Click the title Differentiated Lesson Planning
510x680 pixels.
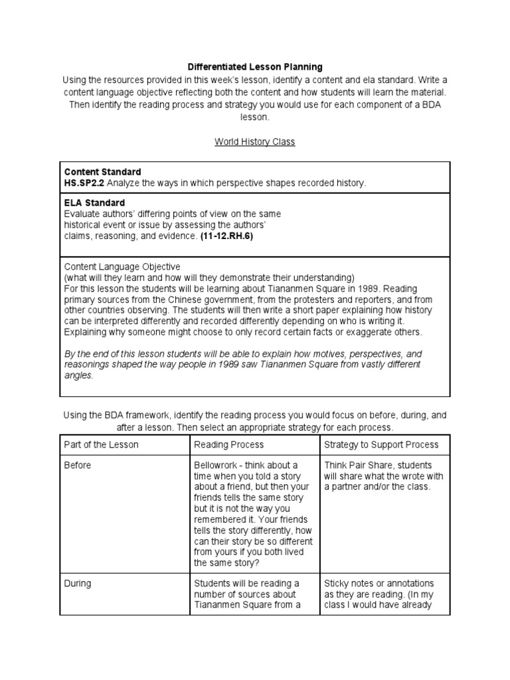[x=255, y=67]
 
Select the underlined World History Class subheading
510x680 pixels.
[x=254, y=141]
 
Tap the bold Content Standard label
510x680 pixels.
[x=102, y=172]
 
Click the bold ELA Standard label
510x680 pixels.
[x=94, y=203]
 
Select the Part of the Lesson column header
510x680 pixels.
[x=102, y=444]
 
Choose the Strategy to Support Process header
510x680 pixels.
[x=381, y=444]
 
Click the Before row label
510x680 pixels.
[x=78, y=465]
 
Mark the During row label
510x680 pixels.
[x=78, y=584]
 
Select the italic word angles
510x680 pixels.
[x=78, y=375]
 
